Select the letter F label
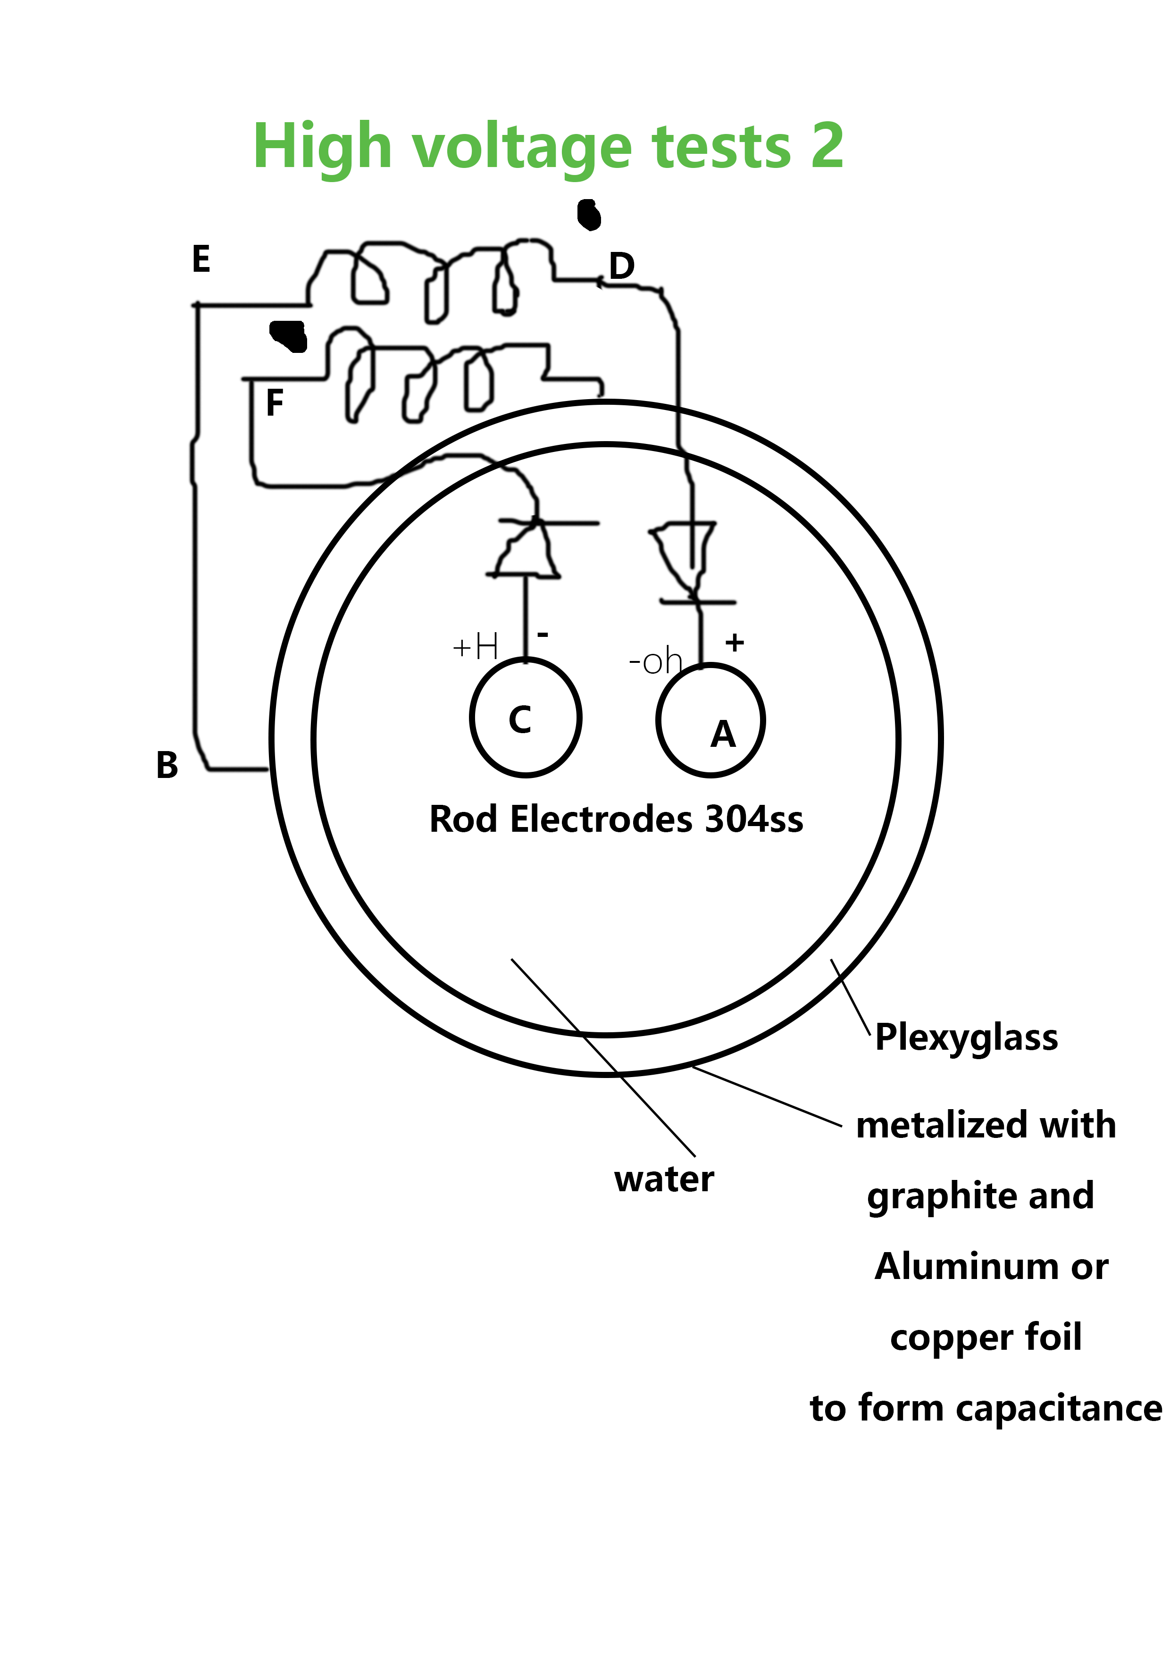275,402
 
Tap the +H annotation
475,647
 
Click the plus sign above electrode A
735,642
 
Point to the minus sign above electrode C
543,635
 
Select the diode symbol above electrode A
691,563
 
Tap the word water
664,1179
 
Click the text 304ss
754,819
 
